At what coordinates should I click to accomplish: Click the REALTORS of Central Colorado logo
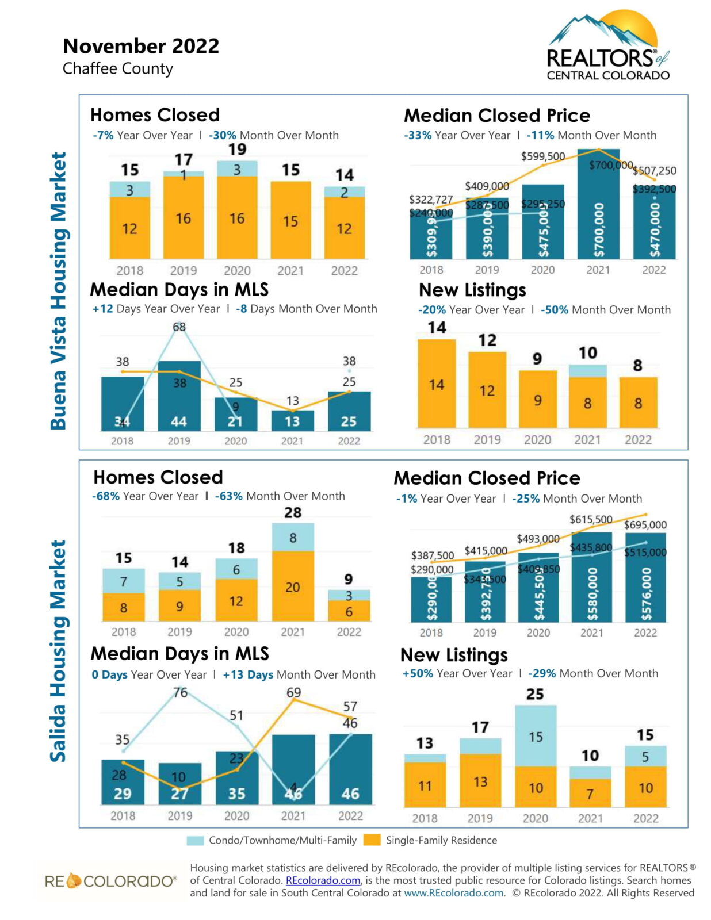click(x=607, y=46)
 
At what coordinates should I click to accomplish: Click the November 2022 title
click(x=141, y=46)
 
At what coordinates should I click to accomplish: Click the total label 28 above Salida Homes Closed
click(x=293, y=512)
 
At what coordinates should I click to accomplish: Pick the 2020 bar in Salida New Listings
click(x=535, y=756)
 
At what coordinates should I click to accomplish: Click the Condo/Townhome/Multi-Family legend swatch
click(x=196, y=840)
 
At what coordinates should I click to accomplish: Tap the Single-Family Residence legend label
click(x=441, y=840)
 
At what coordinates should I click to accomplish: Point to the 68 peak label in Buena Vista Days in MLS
click(x=179, y=327)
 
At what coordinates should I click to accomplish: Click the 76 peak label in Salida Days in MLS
click(x=180, y=692)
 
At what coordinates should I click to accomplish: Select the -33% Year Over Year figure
click(x=417, y=135)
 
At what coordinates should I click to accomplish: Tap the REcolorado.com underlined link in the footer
click(x=323, y=880)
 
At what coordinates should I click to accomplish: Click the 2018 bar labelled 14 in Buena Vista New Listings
click(x=437, y=383)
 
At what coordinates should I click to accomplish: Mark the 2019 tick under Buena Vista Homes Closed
click(x=183, y=270)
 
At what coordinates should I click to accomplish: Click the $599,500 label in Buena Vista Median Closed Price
click(x=542, y=156)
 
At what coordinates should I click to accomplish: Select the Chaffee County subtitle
click(x=117, y=68)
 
